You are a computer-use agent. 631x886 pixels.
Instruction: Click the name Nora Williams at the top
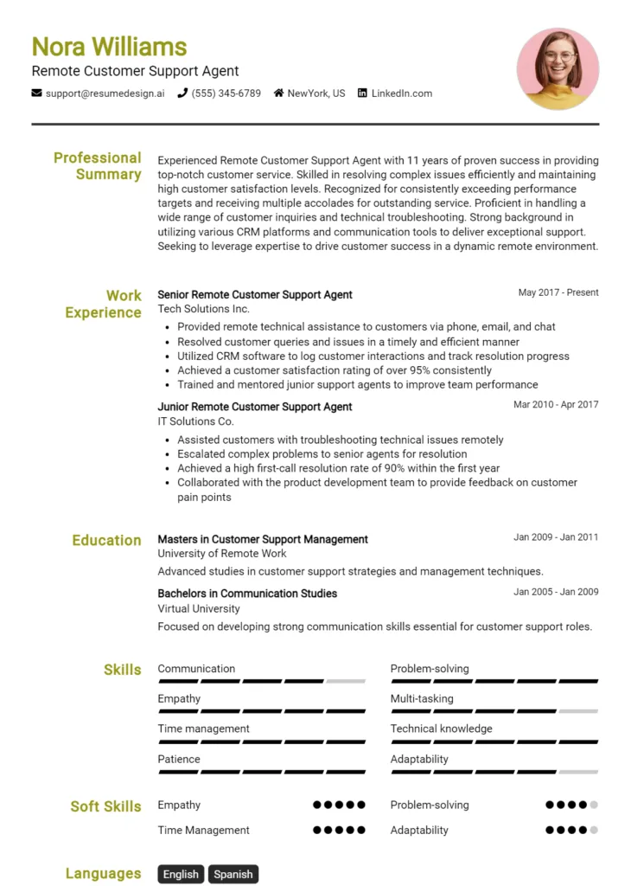[x=109, y=46]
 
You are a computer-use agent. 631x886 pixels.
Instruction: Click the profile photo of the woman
[x=558, y=69]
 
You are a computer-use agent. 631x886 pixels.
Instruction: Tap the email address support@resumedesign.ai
[x=105, y=93]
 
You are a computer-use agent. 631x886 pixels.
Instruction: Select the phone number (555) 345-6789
[x=226, y=93]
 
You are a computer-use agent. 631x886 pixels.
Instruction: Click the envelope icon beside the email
[x=36, y=93]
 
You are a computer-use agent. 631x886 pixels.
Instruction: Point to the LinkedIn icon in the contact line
[x=362, y=93]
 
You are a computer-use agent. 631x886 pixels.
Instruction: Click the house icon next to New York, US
[x=279, y=93]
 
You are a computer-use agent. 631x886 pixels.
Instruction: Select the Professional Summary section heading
[x=97, y=166]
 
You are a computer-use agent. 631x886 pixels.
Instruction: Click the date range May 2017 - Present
[x=558, y=292]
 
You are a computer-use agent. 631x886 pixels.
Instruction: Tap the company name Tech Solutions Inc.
[x=203, y=309]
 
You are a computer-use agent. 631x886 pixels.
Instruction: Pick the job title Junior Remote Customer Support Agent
[x=255, y=407]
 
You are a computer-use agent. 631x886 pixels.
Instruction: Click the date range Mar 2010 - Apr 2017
[x=556, y=404]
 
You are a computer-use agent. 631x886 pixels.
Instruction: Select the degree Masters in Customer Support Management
[x=263, y=539]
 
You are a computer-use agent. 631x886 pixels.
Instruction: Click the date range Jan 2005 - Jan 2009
[x=556, y=592]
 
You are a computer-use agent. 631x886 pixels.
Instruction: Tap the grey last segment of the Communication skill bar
[x=346, y=682]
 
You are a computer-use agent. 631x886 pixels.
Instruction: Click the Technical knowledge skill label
[x=441, y=729]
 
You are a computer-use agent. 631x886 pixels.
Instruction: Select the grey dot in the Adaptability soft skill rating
[x=594, y=831]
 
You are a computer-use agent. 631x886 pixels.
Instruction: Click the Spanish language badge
[x=233, y=875]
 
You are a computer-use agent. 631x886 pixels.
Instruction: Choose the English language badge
[x=181, y=875]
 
